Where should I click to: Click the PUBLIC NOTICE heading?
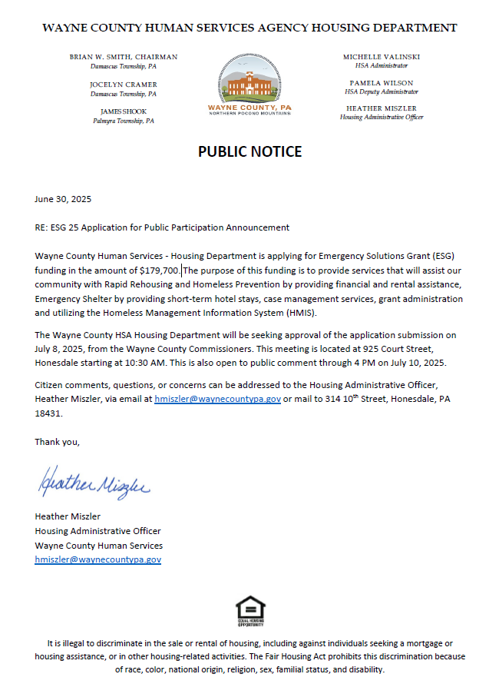(x=249, y=151)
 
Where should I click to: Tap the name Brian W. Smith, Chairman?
(x=124, y=57)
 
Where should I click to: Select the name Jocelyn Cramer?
(x=124, y=84)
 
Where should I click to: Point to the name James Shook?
(x=124, y=111)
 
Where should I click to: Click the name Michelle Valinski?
(x=382, y=57)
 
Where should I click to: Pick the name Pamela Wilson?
(x=382, y=83)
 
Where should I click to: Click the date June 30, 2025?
(x=63, y=199)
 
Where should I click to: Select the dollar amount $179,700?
(x=160, y=271)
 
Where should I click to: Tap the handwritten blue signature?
(x=92, y=483)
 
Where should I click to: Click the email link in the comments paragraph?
(x=217, y=399)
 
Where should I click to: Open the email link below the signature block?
(x=97, y=559)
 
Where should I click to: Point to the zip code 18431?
(x=48, y=413)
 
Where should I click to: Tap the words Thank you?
(x=57, y=442)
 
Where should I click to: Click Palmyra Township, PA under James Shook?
(x=124, y=121)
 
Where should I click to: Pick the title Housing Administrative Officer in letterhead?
(x=382, y=118)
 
